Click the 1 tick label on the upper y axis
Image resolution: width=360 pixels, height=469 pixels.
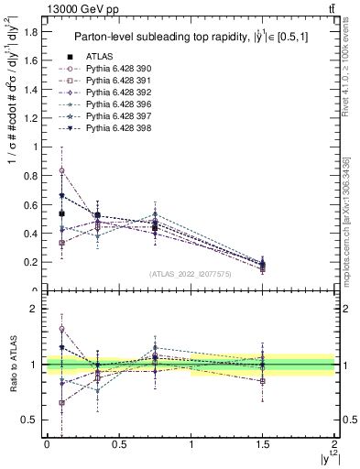(x=37, y=147)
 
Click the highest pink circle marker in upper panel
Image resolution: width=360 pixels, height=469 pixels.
(x=61, y=170)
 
